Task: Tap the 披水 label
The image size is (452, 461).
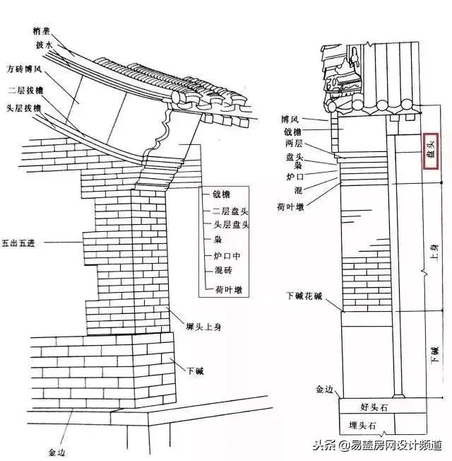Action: [x=44, y=45]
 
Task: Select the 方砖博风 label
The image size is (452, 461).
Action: [x=25, y=70]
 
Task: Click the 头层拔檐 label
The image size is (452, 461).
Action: [x=23, y=107]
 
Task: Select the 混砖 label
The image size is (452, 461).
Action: [x=220, y=271]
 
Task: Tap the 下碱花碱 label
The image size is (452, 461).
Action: [x=304, y=295]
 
